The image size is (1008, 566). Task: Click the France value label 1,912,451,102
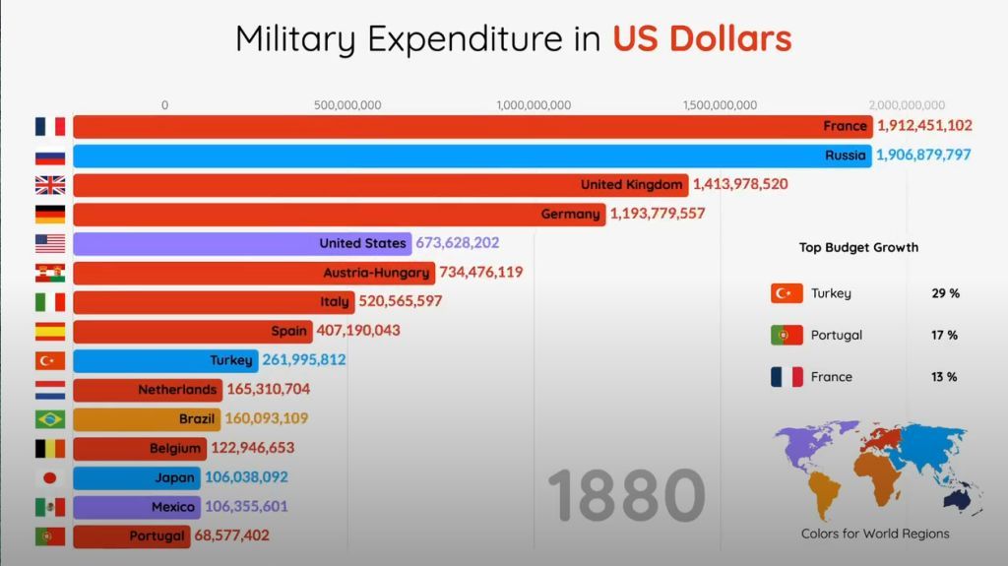924,126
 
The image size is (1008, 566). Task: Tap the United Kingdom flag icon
50,185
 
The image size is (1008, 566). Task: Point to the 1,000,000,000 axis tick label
534,105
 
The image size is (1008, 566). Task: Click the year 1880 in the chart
626,495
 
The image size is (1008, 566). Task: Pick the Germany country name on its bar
570,214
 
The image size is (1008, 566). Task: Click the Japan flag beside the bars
50,477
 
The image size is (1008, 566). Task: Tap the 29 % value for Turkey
945,293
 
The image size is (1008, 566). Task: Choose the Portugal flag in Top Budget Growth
787,336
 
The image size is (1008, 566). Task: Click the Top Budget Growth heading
858,247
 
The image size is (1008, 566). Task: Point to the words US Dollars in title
702,39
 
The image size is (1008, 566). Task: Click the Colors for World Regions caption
875,534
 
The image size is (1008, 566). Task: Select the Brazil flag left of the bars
50,419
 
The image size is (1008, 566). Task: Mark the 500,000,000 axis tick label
347,105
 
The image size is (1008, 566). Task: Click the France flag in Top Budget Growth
787,377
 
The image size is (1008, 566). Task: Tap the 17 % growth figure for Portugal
944,336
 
